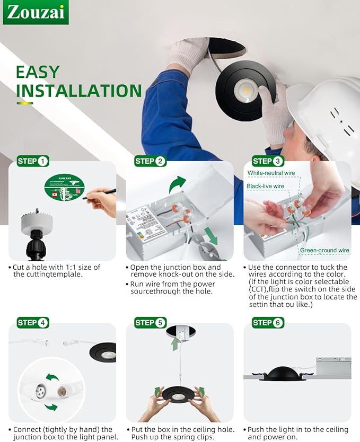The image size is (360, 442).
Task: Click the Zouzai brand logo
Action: (x=36, y=12)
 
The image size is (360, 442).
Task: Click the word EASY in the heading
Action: (x=38, y=72)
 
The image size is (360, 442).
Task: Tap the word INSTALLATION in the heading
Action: (x=78, y=91)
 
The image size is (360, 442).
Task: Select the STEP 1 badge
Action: (x=33, y=161)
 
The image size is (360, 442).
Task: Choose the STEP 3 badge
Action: (x=268, y=161)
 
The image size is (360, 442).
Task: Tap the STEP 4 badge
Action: (x=33, y=322)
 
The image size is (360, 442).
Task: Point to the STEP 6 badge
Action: (x=268, y=322)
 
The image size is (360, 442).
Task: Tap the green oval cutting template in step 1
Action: (x=64, y=188)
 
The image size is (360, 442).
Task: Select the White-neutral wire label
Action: (x=271, y=173)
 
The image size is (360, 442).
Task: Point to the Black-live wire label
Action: (x=266, y=186)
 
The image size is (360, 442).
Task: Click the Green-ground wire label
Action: (x=324, y=250)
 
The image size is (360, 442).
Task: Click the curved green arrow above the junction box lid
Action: (x=178, y=184)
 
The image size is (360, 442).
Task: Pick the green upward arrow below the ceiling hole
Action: (x=174, y=344)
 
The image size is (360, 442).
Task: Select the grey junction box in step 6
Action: (x=333, y=367)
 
